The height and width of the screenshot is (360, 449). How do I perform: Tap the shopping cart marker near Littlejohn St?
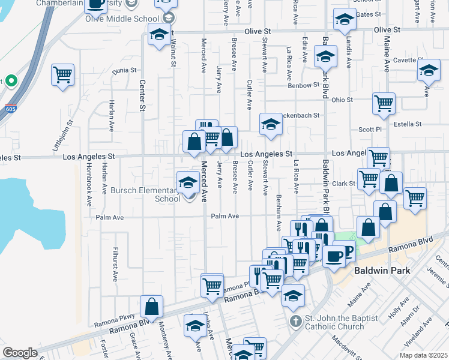coord(62,75)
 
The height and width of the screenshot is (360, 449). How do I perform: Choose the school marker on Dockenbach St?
coord(271,124)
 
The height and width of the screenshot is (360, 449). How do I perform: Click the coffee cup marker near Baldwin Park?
coord(334,256)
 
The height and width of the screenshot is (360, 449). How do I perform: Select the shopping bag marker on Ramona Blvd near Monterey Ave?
coord(151,306)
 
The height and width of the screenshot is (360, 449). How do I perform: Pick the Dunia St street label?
coord(124,71)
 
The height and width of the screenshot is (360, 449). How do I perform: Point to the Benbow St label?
coord(304,85)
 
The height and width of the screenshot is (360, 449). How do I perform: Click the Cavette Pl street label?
coord(405,60)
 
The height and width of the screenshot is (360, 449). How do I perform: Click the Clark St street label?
coord(344,183)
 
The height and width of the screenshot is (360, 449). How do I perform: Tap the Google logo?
coord(20,353)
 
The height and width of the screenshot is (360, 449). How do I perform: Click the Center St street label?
coord(142,96)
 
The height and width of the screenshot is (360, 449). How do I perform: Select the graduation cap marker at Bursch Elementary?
coord(188,182)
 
